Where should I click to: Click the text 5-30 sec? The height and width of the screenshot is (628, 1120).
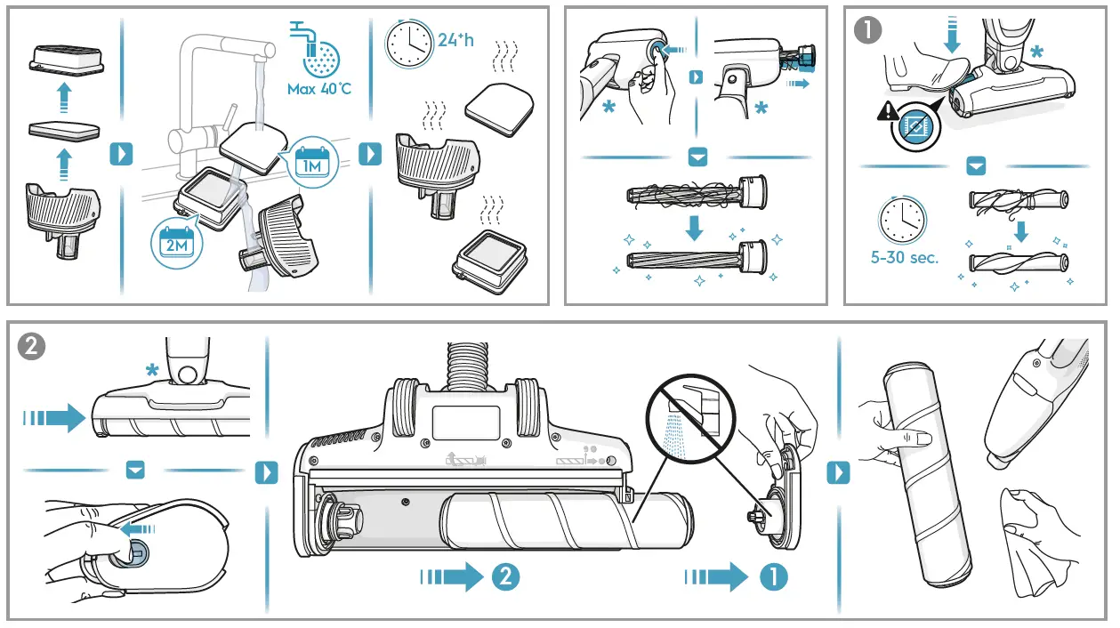click(904, 258)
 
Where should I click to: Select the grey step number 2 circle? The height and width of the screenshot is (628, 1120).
click(32, 346)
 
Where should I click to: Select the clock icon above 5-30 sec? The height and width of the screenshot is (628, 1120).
click(902, 219)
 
